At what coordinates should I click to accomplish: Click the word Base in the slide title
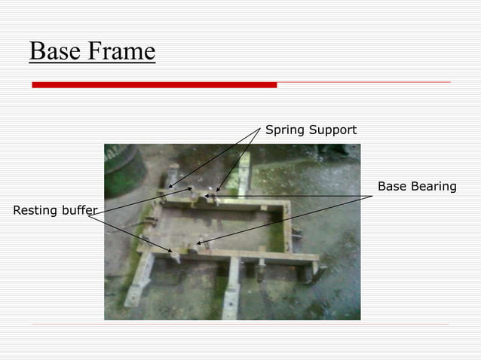coord(56,51)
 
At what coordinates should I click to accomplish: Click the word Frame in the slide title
coord(121,51)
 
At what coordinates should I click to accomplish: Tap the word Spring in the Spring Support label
coord(283,130)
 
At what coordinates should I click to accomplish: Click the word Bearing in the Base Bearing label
coord(432,186)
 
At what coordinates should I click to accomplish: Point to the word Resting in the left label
coord(35,209)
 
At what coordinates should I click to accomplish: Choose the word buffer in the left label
coord(79,209)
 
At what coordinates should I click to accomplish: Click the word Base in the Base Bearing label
coord(391,186)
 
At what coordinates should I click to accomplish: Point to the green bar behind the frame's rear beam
coord(243,177)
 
